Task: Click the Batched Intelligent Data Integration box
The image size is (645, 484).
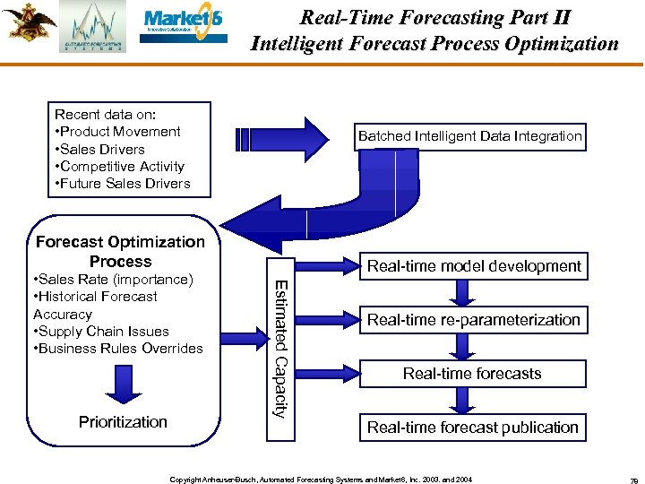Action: pos(470,136)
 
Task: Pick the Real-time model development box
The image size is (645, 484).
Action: pos(474,265)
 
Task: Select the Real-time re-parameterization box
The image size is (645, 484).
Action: pos(474,319)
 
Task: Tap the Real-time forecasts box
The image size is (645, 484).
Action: pos(472,373)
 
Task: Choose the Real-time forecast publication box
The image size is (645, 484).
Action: pos(472,428)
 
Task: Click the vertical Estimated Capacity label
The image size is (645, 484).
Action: pos(279,349)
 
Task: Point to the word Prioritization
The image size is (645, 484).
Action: pos(123,421)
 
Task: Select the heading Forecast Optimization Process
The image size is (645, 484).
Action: pos(120,251)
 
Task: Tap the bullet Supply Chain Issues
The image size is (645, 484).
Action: pos(100,331)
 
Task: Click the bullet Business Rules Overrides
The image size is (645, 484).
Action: pos(117,348)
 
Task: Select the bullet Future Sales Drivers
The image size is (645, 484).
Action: pos(123,183)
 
